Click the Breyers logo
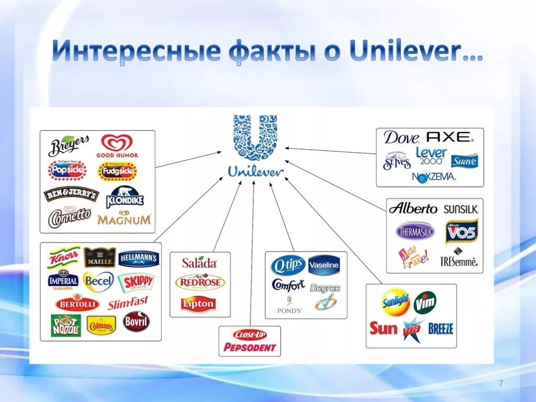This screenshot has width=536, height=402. click(69, 146)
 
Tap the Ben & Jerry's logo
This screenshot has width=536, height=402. click(71, 194)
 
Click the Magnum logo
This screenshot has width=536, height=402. click(124, 219)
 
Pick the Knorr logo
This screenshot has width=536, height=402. click(64, 258)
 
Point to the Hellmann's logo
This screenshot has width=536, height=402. click(138, 258)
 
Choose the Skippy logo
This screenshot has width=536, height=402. click(136, 282)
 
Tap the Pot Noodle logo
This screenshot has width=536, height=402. click(66, 325)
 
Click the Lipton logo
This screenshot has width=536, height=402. click(198, 303)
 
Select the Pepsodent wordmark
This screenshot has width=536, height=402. click(249, 347)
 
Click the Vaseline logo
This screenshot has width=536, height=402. click(325, 265)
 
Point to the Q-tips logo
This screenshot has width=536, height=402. click(287, 266)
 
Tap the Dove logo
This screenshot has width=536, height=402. click(401, 138)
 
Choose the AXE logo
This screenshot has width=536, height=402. click(449, 137)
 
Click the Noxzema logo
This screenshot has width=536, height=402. click(434, 176)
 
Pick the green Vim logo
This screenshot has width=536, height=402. click(425, 302)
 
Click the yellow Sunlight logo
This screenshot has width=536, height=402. click(396, 302)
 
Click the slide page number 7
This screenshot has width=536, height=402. click(501, 384)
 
